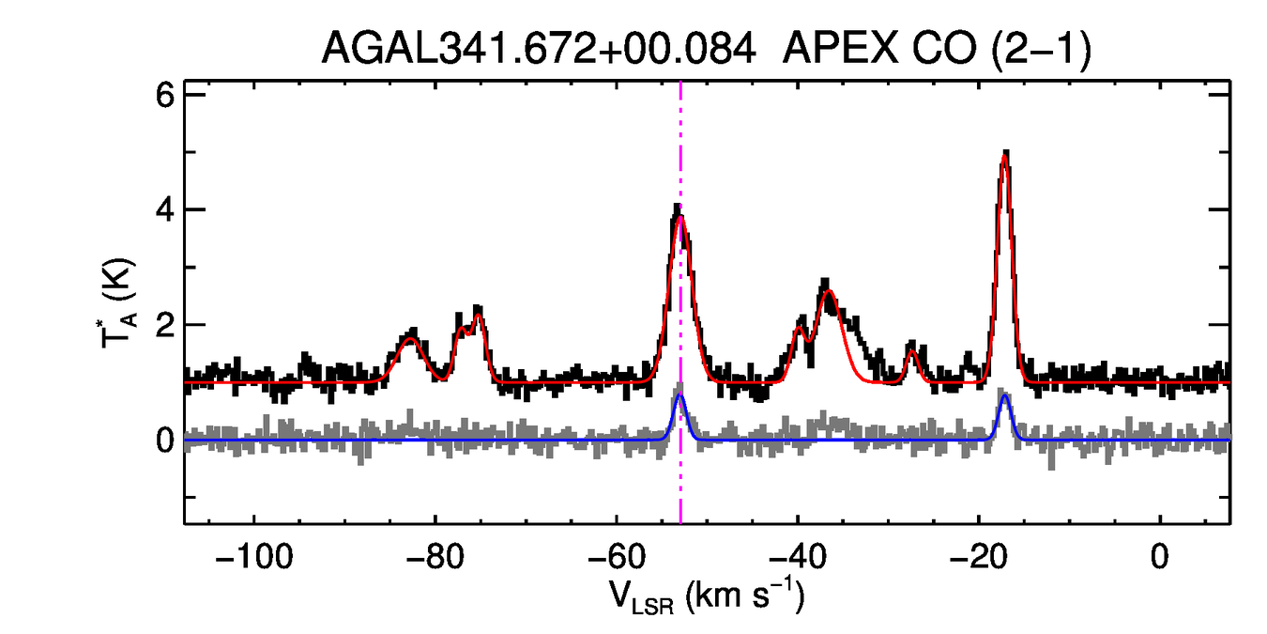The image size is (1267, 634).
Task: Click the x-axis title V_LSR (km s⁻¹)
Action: [707, 597]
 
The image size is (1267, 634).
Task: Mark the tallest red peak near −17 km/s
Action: [1005, 157]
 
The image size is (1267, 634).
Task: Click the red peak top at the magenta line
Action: [680, 217]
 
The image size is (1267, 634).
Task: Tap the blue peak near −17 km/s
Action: [1005, 395]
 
